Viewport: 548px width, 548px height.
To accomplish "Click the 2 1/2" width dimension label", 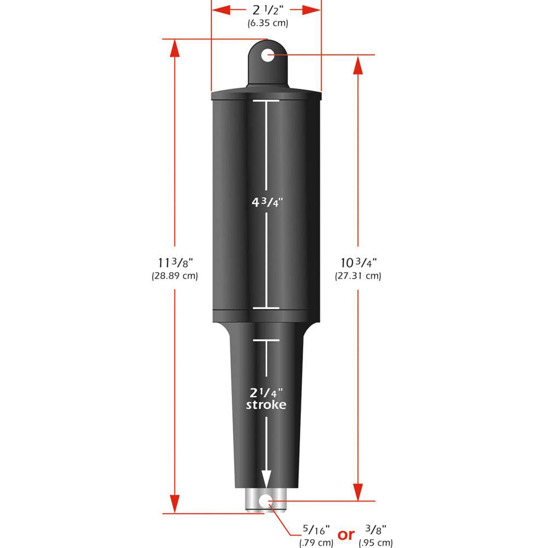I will pos(266,10).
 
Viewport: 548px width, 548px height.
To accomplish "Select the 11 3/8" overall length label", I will pos(174,262).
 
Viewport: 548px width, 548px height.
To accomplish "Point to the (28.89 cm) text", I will pos(174,276).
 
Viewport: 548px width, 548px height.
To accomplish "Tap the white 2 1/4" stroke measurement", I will pos(266,392).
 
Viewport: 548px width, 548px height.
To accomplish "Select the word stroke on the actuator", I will pos(266,405).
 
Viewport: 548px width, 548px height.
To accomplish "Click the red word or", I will pos(346,535).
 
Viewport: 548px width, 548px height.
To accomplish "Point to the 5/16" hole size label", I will pos(316,530).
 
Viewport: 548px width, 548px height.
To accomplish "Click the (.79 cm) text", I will pos(316,543).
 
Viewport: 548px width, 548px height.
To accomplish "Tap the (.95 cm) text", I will pos(376,543).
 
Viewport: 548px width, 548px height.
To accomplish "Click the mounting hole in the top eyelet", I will pos(267,55).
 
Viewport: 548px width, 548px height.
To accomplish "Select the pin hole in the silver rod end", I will pos(266,500).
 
